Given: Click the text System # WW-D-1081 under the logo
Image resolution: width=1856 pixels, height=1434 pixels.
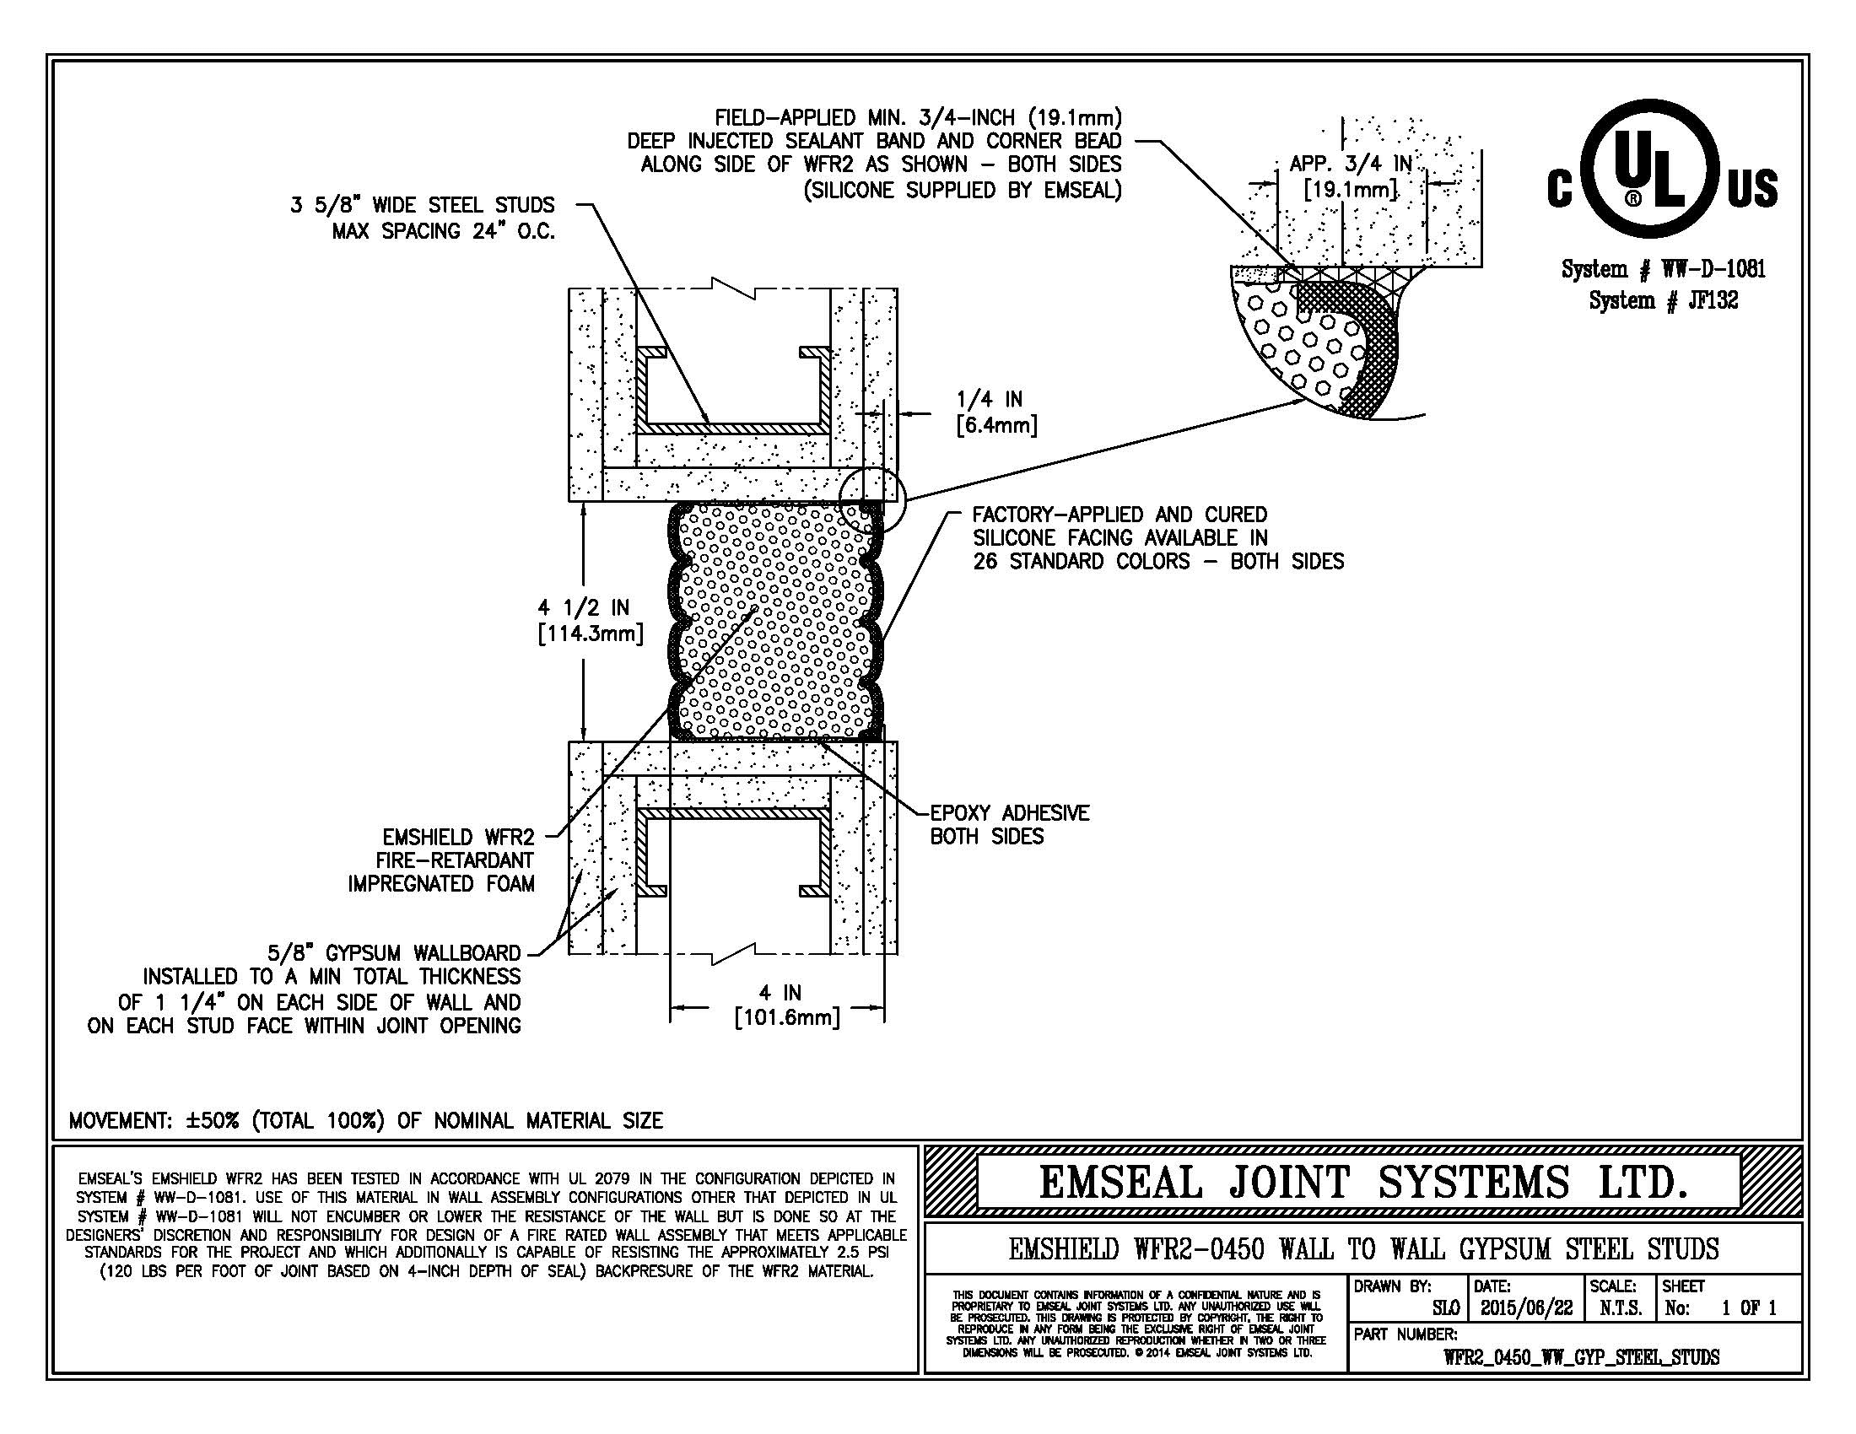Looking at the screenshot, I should [x=1663, y=269].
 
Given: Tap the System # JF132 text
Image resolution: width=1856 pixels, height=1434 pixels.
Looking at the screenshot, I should [x=1663, y=300].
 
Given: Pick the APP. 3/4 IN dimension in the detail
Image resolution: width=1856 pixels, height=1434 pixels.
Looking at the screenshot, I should [x=1351, y=175].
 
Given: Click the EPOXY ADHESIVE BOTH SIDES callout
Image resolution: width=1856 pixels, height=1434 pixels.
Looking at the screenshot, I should [x=1009, y=824].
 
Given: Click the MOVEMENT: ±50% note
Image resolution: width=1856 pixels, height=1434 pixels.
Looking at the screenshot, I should [x=365, y=1120].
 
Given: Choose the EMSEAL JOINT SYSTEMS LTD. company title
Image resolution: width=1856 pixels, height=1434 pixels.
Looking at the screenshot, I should [x=1362, y=1183].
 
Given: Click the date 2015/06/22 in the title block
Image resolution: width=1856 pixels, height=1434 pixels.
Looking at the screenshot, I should [x=1526, y=1309].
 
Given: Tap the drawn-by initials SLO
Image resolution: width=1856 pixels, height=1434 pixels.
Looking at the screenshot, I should [x=1445, y=1309].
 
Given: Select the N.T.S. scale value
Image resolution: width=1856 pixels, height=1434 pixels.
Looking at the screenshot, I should [x=1619, y=1309].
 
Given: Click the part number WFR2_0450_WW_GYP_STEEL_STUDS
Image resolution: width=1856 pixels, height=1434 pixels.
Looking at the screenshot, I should [x=1581, y=1356].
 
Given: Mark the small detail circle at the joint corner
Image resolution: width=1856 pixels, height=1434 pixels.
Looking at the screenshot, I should [x=873, y=499].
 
